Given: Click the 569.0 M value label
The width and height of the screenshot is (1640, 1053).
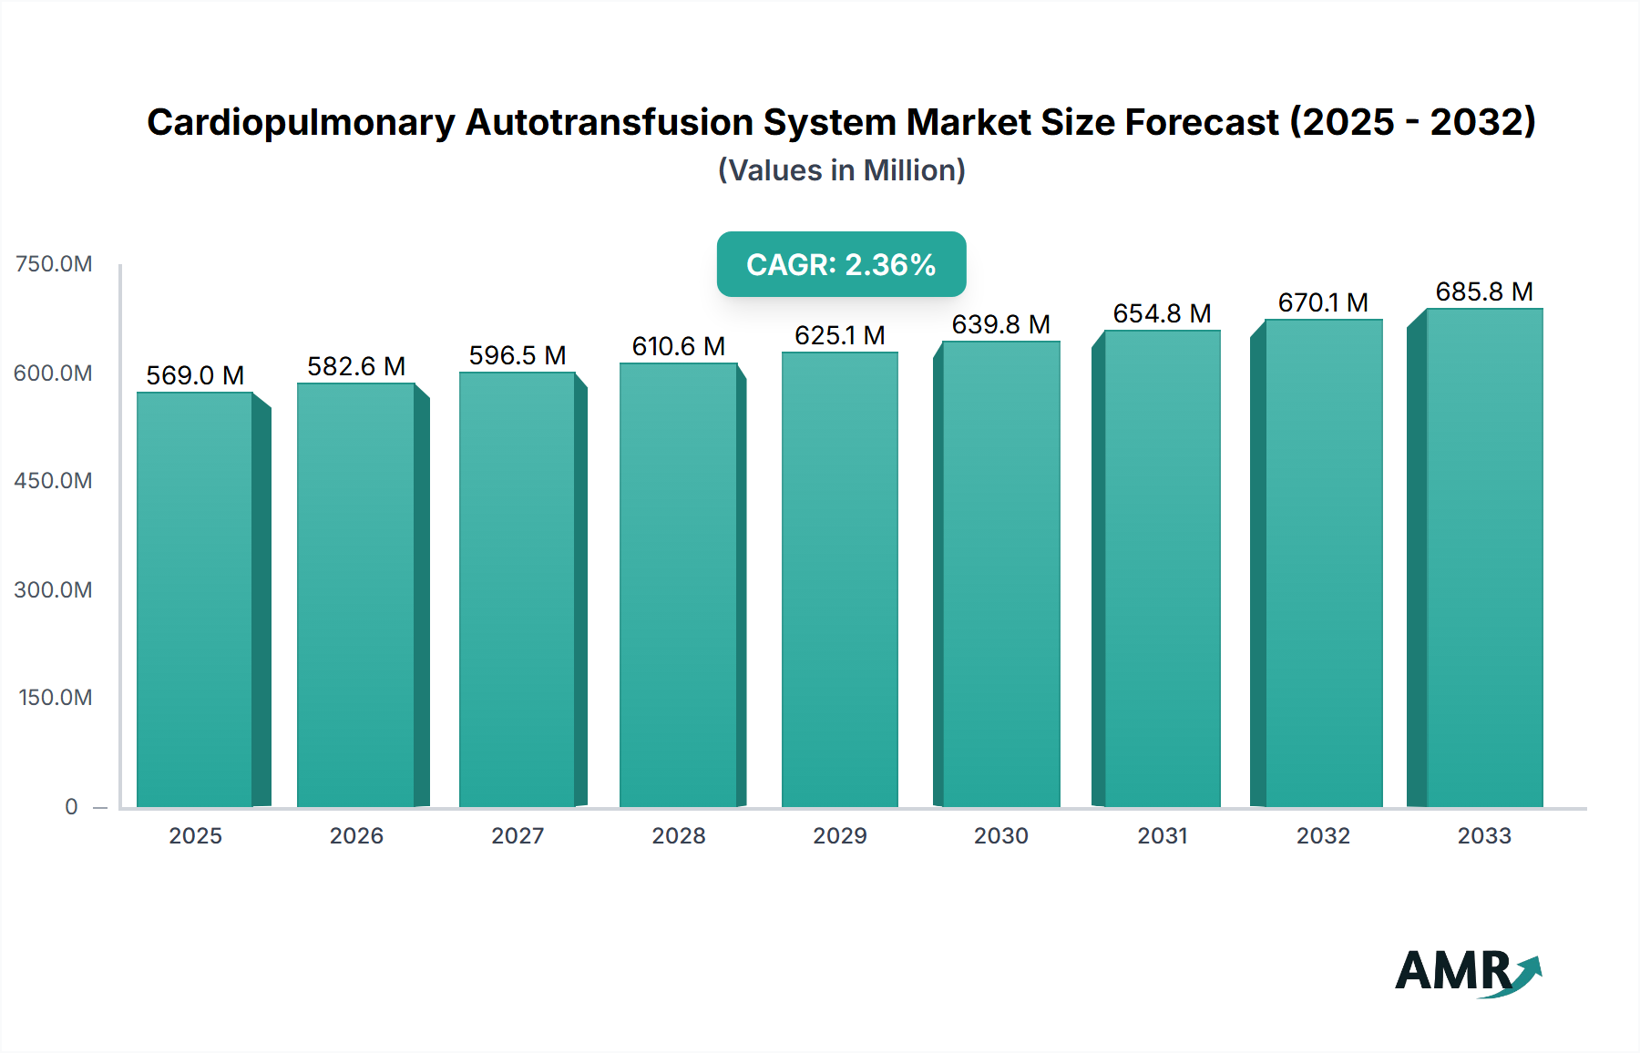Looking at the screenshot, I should pos(195,375).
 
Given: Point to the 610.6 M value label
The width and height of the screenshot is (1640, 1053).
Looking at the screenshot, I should pos(679,346).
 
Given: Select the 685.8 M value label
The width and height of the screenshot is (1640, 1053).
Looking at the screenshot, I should pos(1484,291).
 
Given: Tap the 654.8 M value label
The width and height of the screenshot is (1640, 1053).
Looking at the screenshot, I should pos(1162,313).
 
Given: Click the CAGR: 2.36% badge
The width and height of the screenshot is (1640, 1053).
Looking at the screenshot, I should pos(841,264).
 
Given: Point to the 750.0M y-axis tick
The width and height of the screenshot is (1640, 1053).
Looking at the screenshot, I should pos(54,264).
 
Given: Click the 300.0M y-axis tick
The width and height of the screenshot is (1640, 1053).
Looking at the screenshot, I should pos(54,589).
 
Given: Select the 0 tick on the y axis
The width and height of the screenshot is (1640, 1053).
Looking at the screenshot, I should pos(71,806).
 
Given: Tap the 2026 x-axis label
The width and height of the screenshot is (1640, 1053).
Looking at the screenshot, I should pos(356,835).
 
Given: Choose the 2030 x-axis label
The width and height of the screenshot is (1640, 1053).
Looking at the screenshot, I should pos(1000,835).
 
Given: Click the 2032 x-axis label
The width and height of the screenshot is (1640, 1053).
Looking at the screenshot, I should pos(1323,835).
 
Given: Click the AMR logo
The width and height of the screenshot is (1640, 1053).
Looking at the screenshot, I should pos(1467,972).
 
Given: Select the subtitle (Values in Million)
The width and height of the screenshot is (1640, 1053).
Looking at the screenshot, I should pos(841,170).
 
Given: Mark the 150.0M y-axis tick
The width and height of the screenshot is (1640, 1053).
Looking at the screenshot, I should pos(56,698).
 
